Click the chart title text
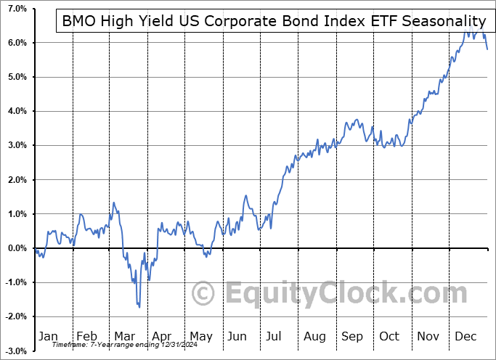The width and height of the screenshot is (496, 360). pyautogui.click(x=274, y=21)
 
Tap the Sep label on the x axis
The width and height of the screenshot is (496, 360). pyautogui.click(x=352, y=337)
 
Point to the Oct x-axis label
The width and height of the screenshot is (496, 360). pyautogui.click(x=389, y=337)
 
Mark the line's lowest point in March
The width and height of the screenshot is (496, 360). pyautogui.click(x=139, y=306)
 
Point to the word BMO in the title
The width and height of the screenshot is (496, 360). pyautogui.click(x=78, y=21)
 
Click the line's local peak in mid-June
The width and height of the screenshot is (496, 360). pyautogui.click(x=246, y=196)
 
